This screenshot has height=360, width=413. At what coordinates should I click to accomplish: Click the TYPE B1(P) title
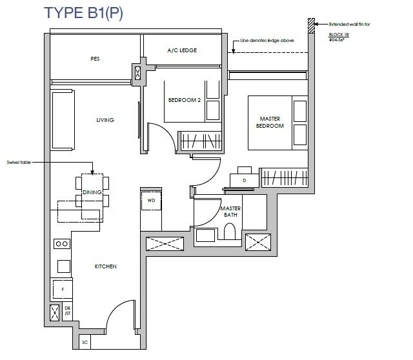83,13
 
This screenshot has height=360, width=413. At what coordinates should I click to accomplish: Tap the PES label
95,59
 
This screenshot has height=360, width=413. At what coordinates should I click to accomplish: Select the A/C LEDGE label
182,50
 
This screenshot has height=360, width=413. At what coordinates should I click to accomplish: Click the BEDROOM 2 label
185,100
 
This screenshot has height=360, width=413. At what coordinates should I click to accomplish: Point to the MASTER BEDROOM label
270,123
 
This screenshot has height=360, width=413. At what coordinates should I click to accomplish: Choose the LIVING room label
105,120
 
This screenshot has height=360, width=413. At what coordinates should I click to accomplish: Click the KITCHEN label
106,266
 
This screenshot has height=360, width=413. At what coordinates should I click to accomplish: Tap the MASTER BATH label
231,212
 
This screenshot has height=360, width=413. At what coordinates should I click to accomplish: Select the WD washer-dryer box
151,201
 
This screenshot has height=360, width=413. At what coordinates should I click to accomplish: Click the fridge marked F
63,290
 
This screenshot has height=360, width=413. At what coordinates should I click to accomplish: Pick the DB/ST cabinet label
68,311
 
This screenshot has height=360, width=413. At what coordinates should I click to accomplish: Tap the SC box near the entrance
85,342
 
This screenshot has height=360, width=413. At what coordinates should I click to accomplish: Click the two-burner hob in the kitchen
62,244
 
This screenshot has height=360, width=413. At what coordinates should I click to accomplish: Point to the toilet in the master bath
230,231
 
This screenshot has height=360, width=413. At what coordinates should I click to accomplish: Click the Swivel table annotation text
19,163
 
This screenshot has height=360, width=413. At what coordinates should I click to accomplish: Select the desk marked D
244,181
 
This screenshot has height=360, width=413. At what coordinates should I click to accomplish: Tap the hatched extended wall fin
311,26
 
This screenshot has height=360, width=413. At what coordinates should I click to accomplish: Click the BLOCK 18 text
339,34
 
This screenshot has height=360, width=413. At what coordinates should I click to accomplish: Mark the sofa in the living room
63,120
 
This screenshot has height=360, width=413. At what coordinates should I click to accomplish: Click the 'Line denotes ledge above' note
267,41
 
